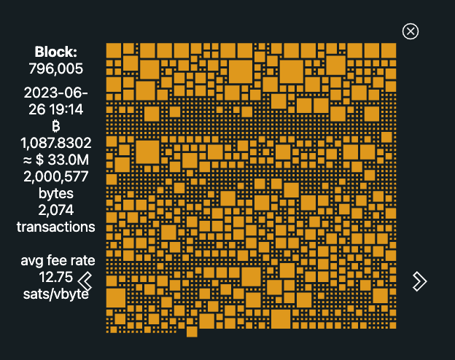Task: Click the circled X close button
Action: pos(411,31)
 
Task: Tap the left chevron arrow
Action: pos(85,281)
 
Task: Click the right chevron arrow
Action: pos(419,281)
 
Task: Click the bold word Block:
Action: pos(56,52)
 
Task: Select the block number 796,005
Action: pos(56,69)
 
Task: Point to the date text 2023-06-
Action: pos(56,93)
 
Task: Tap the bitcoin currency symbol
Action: pos(56,126)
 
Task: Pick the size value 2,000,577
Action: pos(56,176)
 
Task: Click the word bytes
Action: pos(56,193)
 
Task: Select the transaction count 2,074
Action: pos(56,210)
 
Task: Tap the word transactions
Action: pos(56,227)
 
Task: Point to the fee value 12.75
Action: pos(56,277)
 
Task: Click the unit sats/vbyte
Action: pos(56,294)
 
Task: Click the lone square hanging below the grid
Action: pos(192,332)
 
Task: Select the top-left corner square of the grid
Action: pos(113,50)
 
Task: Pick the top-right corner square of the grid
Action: pos(388,50)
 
